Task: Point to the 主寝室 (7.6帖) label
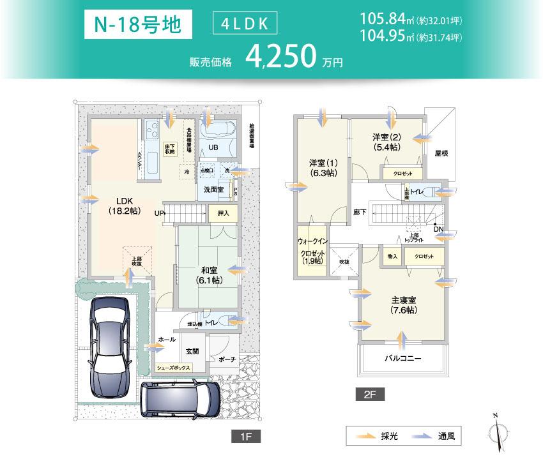(404, 304)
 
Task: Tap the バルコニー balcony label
(402, 359)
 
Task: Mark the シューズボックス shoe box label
(173, 368)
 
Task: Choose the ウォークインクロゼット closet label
(312, 250)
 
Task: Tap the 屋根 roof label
(441, 153)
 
